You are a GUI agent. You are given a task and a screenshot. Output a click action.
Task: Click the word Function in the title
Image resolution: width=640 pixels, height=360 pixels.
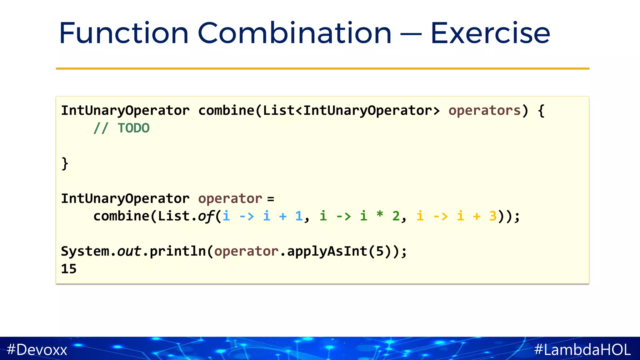(x=124, y=33)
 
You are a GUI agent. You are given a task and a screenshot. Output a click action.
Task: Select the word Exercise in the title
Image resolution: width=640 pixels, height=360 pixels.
(x=490, y=33)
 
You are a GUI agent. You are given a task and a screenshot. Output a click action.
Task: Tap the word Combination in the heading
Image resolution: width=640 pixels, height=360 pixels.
(x=294, y=33)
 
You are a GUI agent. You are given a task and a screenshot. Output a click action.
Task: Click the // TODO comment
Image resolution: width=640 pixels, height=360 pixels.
(x=121, y=128)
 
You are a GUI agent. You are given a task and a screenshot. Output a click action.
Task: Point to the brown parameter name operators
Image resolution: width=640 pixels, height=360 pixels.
(x=484, y=111)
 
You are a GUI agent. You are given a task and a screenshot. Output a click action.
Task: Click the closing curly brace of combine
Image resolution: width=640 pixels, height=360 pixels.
(x=65, y=163)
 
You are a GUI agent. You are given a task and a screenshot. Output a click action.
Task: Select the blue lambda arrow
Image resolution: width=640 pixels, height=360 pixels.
(x=247, y=216)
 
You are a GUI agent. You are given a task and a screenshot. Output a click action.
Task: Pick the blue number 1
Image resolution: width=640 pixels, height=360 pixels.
(x=299, y=216)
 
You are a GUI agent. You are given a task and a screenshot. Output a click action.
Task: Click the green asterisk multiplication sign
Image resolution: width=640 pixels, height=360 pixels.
(x=380, y=215)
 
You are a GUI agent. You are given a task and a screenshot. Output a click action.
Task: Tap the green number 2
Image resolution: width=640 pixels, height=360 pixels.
(x=396, y=216)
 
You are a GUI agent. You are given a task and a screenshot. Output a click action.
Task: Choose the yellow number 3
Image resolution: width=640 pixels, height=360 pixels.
(x=493, y=216)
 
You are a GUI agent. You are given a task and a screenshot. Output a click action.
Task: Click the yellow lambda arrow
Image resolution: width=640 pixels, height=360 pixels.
(x=441, y=216)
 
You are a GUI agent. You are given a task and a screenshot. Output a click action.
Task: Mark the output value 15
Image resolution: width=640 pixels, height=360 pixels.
(x=69, y=269)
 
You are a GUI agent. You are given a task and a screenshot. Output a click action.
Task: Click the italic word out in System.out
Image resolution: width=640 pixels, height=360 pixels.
(x=129, y=252)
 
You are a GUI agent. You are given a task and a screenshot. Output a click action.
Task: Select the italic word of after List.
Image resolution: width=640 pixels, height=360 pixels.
(x=206, y=216)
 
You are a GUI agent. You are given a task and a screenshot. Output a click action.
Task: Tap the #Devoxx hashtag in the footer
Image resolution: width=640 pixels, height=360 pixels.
(x=37, y=349)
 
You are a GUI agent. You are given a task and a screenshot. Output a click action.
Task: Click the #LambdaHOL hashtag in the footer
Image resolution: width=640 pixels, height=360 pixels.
(x=582, y=349)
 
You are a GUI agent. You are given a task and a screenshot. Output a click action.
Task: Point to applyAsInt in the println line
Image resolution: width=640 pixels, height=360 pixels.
(x=327, y=252)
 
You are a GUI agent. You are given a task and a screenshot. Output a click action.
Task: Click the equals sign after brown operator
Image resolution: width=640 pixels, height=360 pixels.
(x=271, y=199)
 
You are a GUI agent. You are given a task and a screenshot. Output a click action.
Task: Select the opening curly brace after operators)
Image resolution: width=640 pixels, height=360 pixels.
(x=541, y=111)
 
